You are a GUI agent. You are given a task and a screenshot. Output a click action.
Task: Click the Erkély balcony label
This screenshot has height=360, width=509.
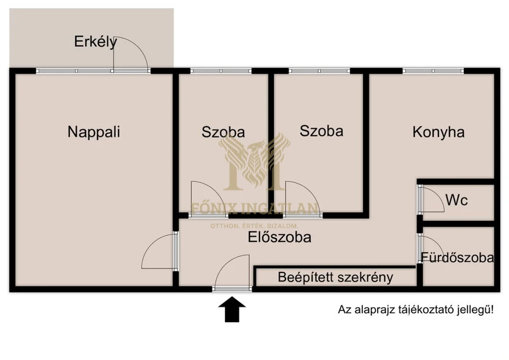coord(96,42)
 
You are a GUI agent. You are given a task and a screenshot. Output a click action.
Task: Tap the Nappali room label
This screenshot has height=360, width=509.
coord(94,132)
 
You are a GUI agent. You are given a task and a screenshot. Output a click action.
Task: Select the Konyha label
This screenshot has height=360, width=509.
coord(439,132)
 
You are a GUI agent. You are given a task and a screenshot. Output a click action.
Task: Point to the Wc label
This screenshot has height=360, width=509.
coord(457,200)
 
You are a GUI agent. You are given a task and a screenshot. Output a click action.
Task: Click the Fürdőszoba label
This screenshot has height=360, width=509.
coord(458,258)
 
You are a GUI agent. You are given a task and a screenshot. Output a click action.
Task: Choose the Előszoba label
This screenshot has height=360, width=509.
coord(279,237)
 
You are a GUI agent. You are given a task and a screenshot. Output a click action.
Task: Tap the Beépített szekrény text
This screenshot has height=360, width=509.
coord(335,277)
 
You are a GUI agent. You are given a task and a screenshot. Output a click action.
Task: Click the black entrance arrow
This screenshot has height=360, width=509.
coord(232,309)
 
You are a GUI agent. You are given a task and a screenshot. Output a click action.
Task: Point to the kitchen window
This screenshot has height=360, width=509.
coord(433,71)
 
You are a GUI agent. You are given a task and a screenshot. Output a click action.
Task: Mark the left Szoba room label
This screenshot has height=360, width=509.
coord(223,132)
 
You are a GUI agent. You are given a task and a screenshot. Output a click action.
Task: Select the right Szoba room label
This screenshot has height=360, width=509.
coord(321,131)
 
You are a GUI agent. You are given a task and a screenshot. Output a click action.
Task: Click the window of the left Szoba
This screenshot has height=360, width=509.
coord(221,71)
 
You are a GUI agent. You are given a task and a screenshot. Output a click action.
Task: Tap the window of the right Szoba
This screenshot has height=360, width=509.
coord(320,71)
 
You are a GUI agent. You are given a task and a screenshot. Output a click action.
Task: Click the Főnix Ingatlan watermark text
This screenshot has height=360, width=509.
coord(254,209)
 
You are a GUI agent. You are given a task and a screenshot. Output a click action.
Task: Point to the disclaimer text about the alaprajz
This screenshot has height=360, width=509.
coord(416,310)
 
